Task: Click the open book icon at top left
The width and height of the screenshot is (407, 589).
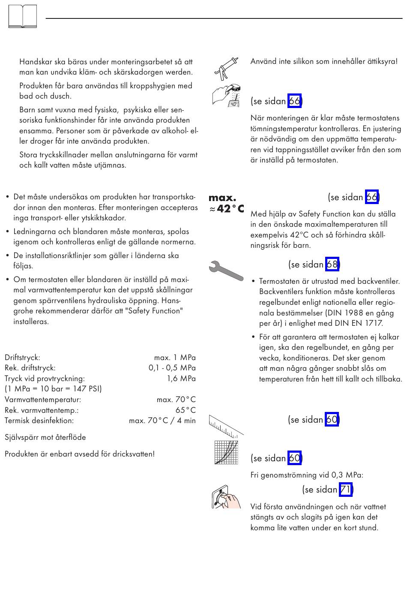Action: (23, 17)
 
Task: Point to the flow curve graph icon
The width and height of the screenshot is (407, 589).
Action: (226, 452)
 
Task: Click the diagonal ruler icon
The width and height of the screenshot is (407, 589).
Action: (226, 425)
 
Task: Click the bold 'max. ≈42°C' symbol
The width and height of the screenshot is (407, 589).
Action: (226, 203)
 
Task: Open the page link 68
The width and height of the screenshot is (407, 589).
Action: (332, 264)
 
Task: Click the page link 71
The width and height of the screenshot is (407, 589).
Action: (346, 490)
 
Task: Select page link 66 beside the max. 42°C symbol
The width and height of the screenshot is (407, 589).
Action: (371, 197)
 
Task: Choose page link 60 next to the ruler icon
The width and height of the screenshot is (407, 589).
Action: (332, 419)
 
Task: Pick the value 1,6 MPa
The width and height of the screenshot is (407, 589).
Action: (181, 379)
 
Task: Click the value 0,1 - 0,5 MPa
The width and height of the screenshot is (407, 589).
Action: (172, 368)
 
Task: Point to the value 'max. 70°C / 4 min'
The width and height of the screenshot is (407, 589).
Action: (162, 421)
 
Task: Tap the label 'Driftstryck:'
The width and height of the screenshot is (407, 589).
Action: (22, 358)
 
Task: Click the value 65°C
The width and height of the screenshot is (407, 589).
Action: (186, 410)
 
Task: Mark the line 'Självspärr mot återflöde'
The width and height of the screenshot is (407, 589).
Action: (45, 437)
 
